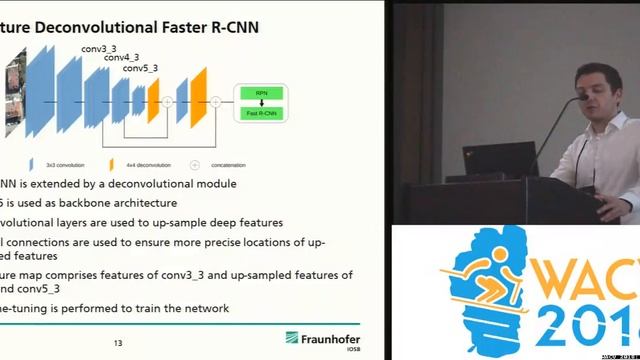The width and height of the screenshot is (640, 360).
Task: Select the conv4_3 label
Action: coord(122,57)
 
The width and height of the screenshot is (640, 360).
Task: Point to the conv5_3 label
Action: coord(140,68)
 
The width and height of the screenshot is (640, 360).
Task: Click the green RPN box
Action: coord(261,93)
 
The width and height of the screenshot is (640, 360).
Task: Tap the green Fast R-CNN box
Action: coord(261,113)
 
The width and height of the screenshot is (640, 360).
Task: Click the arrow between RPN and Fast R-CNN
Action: coord(261,103)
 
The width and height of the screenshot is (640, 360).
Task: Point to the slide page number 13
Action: coord(118,344)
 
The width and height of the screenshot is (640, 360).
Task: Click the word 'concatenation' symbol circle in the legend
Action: coord(194,165)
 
